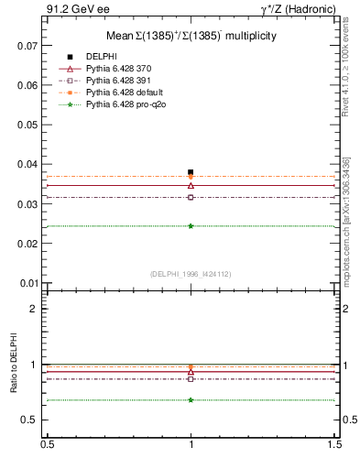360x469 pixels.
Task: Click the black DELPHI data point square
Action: pyautogui.click(x=191, y=172)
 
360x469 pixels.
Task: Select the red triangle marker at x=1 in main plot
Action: pyautogui.click(x=191, y=186)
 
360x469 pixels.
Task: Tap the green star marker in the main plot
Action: pyautogui.click(x=191, y=225)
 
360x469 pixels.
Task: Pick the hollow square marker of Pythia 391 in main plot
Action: pyautogui.click(x=191, y=197)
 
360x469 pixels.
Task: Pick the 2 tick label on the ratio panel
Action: pyautogui.click(x=34, y=309)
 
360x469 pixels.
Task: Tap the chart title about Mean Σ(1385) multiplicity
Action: pyautogui.click(x=191, y=35)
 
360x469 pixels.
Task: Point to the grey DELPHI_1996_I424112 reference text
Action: pyautogui.click(x=191, y=274)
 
